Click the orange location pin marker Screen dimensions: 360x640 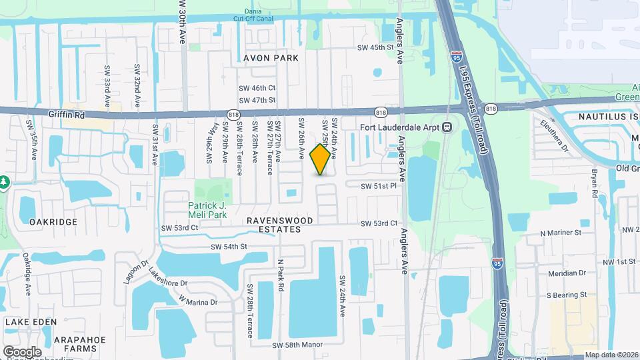(321, 159)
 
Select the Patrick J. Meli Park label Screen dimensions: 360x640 (208, 210)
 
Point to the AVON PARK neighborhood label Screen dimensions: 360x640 (271, 58)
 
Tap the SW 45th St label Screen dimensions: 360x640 (376, 47)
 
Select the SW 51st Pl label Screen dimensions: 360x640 (379, 187)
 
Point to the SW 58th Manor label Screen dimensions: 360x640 (297, 345)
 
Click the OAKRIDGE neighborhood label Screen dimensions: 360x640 (49, 221)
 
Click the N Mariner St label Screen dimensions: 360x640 (561, 233)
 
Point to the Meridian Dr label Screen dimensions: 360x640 (563, 273)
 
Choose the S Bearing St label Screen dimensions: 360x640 (566, 294)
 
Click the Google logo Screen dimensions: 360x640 (22, 351)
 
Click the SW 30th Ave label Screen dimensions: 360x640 (181, 22)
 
